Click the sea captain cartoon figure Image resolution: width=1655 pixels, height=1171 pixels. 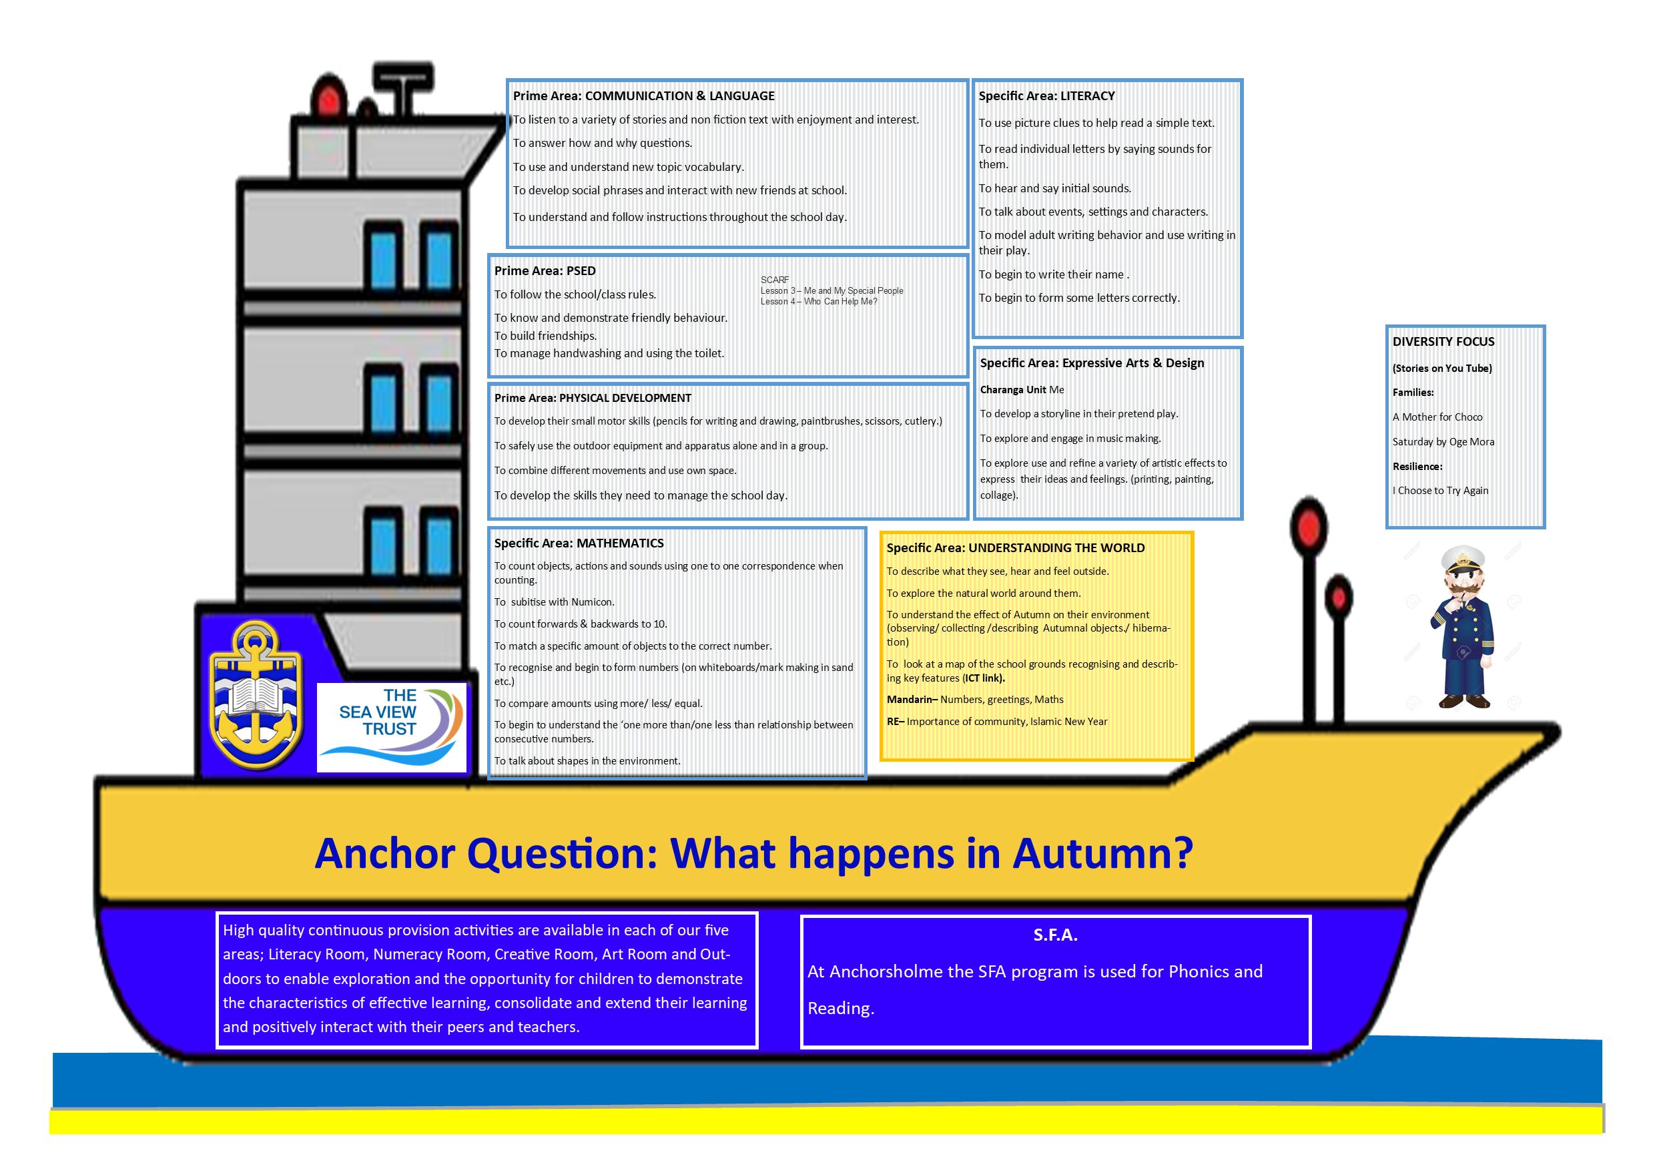pos(1463,627)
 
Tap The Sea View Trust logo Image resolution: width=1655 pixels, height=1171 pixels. pos(392,727)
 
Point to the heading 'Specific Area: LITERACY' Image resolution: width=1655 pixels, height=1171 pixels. pos(1046,96)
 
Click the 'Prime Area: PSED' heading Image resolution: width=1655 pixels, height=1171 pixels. pos(545,271)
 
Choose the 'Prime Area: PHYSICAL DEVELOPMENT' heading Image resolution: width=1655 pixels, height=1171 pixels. pos(593,398)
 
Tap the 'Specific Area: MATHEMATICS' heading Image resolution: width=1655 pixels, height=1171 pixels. pos(579,543)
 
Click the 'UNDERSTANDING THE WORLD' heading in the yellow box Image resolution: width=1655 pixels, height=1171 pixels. pos(1056,548)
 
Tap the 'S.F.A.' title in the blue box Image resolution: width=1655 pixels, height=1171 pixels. pos(1055,935)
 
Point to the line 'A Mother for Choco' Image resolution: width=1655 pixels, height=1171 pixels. pos(1437,417)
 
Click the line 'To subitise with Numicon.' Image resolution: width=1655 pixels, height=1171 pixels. pos(555,602)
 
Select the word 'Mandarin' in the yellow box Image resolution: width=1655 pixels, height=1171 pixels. pos(910,700)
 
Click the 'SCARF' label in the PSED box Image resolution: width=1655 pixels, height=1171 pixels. pos(775,280)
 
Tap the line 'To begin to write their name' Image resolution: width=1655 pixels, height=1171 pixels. pos(1052,274)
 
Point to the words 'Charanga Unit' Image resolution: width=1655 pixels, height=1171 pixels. pos(1013,389)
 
